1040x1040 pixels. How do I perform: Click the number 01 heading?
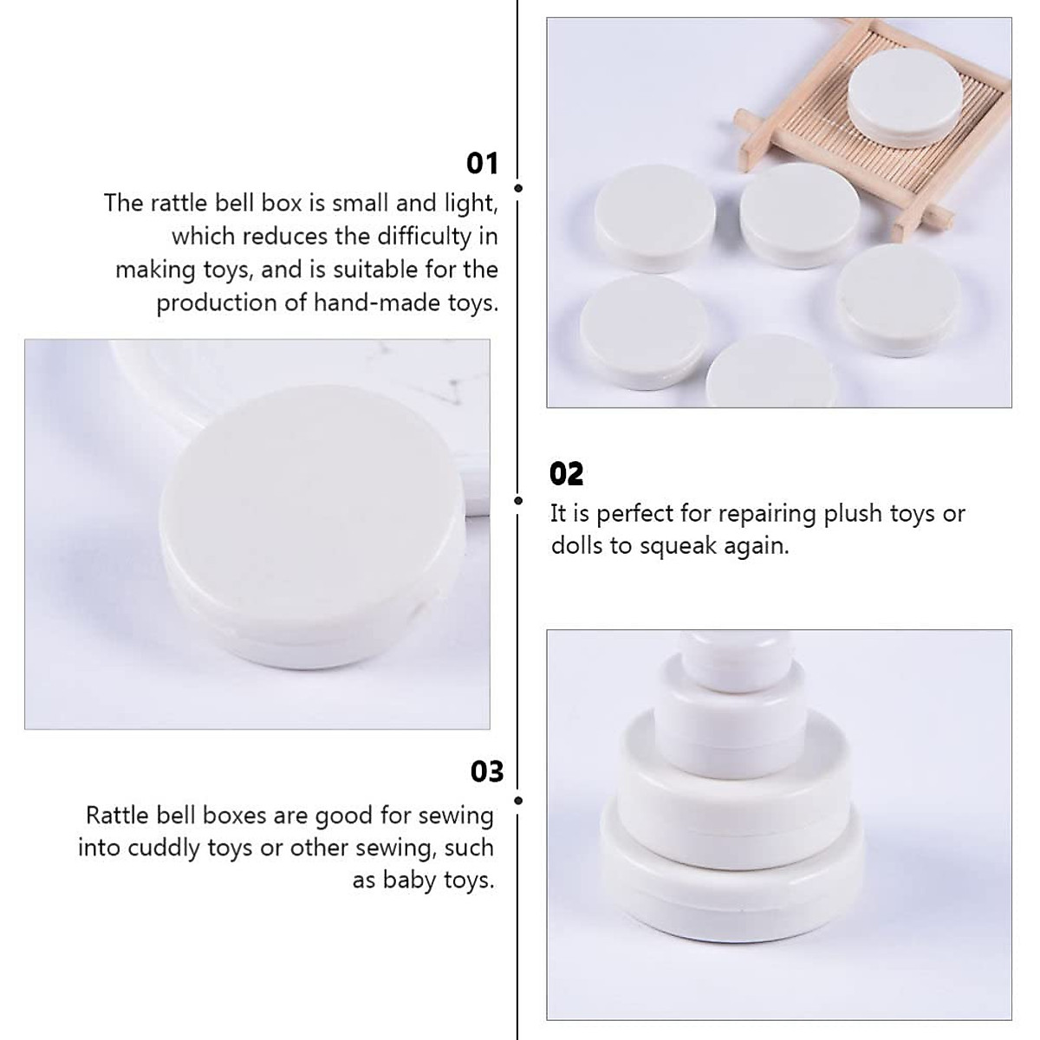(x=482, y=163)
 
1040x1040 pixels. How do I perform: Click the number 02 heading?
(x=567, y=474)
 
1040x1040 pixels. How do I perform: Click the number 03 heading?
(x=486, y=771)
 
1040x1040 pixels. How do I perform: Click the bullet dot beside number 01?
(x=518, y=187)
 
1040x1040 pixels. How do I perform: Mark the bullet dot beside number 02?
(x=518, y=500)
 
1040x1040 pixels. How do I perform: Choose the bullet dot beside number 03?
(x=518, y=801)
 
